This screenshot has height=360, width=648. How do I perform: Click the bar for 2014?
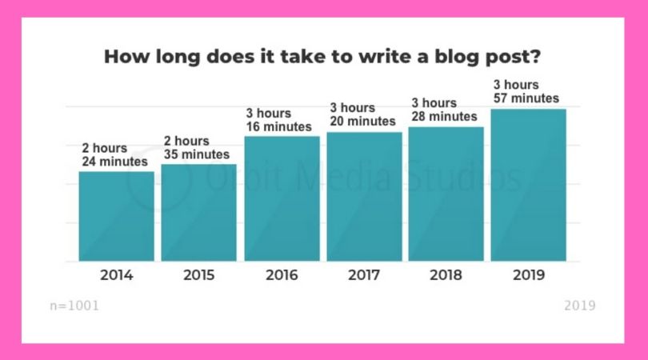click(117, 216)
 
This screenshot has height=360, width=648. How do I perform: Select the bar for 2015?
click(198, 213)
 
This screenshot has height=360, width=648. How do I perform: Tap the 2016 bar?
click(282, 199)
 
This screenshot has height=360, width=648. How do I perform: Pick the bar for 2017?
click(364, 197)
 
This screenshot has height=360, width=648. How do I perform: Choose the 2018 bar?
click(446, 194)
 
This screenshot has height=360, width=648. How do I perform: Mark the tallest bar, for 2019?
click(529, 185)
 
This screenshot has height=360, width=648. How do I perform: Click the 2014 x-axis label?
click(117, 275)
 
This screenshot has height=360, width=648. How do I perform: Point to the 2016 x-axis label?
click(282, 275)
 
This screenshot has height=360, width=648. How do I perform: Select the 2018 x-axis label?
click(446, 275)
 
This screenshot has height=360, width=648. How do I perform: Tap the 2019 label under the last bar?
click(529, 275)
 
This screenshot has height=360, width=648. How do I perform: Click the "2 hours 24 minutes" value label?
click(114, 154)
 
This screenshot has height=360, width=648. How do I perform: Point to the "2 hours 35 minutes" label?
click(196, 147)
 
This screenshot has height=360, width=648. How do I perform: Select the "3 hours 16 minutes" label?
click(279, 120)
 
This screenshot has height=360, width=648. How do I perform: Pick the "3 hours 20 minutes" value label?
click(362, 114)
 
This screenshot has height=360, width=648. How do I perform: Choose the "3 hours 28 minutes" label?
click(444, 110)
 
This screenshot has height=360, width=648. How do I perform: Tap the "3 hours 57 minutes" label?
click(526, 91)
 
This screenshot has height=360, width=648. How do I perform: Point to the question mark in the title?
click(535, 56)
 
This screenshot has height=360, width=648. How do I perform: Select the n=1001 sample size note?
click(74, 306)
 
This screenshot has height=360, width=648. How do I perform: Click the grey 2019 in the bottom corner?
click(580, 306)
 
